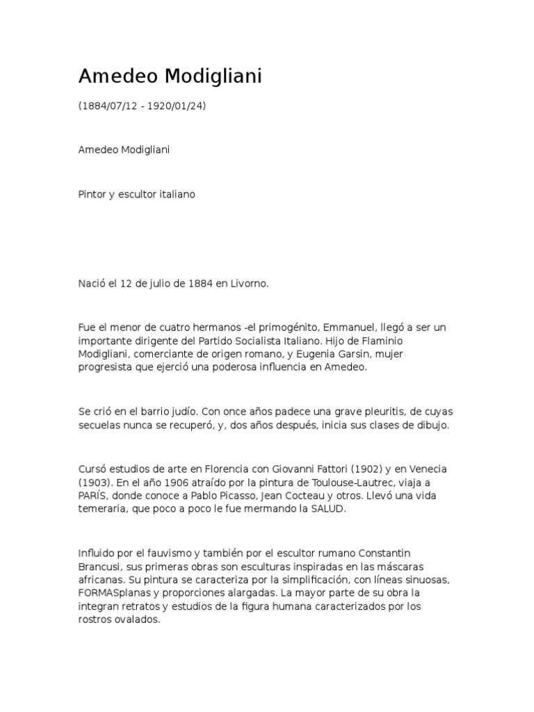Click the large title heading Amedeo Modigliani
tap(170, 77)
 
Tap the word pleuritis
tap(332, 412)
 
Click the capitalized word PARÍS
tap(94, 496)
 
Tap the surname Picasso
tap(236, 496)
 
